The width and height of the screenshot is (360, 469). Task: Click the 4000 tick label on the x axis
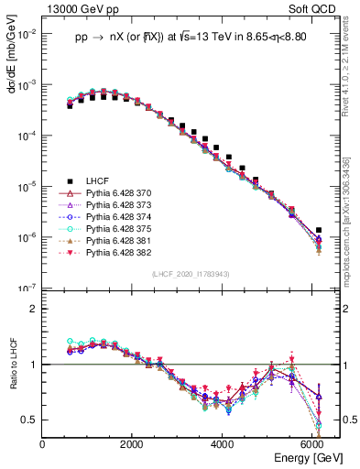pyautogui.click(x=223, y=443)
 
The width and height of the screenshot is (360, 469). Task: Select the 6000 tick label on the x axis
pyautogui.click(x=312, y=443)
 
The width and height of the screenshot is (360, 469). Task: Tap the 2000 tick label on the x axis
pyautogui.click(x=133, y=443)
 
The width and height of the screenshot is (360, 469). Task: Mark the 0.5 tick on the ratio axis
pyautogui.click(x=30, y=420)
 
